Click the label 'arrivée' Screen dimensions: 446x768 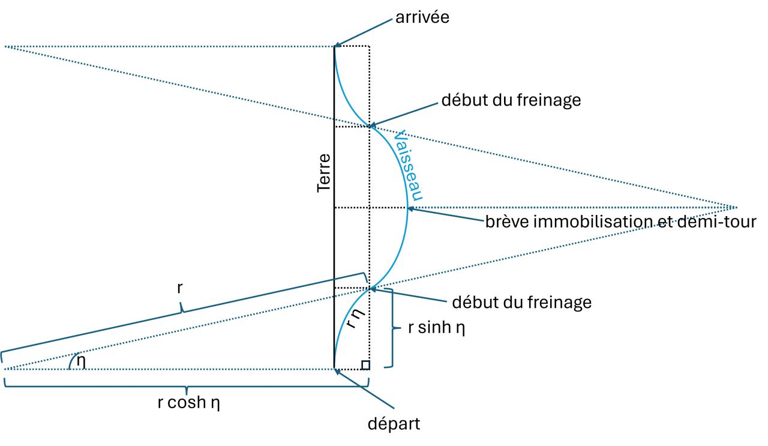coord(422,18)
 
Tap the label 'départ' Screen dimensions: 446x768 coord(394,423)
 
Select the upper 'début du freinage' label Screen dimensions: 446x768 coord(511,100)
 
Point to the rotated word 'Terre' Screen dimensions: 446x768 coord(325,173)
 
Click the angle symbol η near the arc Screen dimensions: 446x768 coord(80,361)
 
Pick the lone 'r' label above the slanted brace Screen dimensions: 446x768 coord(180,288)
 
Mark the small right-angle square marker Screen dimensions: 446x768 coord(365,364)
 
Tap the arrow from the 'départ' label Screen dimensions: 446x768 coord(366,388)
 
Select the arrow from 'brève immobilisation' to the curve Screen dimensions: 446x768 coord(447,215)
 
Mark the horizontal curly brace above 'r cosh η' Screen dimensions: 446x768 coord(186,387)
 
